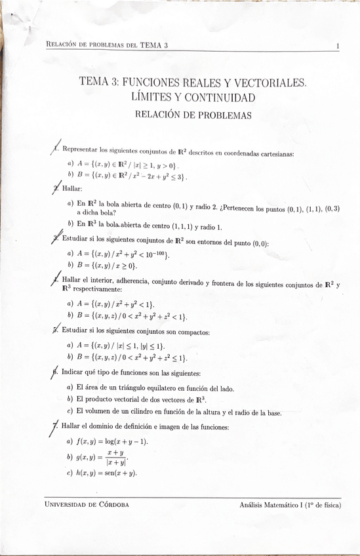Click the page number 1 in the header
(336, 46)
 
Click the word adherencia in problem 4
(129, 283)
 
